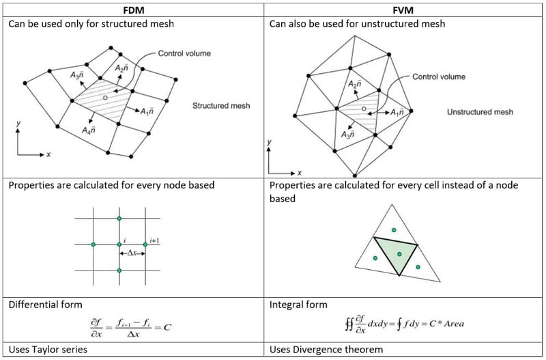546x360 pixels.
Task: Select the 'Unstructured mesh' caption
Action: click(480, 112)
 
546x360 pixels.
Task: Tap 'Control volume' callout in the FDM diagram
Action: click(184, 53)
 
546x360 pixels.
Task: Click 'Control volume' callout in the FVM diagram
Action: click(439, 77)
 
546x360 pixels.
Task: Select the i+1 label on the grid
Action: click(154, 240)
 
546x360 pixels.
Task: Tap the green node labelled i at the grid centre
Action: click(119, 244)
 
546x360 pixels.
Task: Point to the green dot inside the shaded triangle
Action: click(399, 254)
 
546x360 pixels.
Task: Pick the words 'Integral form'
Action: click(299, 305)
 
